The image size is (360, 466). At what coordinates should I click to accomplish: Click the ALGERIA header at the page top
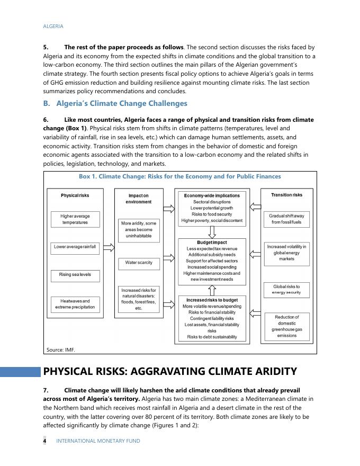click(53, 26)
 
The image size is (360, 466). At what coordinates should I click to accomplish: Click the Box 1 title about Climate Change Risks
click(179, 176)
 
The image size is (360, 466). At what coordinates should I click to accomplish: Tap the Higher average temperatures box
click(75, 219)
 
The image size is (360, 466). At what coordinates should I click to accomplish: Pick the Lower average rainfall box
click(75, 247)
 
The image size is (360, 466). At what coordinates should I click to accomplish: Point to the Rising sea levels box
click(75, 275)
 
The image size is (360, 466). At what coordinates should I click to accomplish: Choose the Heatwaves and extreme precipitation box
click(75, 304)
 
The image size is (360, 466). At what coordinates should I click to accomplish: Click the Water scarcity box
click(139, 263)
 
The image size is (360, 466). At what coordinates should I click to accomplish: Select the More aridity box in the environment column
click(139, 229)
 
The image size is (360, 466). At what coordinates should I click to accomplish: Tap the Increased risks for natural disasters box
click(139, 299)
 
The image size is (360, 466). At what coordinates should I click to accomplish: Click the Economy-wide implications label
click(212, 195)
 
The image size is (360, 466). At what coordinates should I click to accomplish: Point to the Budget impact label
click(212, 243)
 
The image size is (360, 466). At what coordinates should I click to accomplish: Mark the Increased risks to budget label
click(212, 300)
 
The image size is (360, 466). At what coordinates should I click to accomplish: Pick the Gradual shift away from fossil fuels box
click(286, 219)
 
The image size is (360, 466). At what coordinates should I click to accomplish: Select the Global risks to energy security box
click(286, 289)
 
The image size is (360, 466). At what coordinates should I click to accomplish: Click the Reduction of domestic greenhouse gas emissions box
click(286, 326)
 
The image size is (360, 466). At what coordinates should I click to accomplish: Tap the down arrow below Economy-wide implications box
click(212, 232)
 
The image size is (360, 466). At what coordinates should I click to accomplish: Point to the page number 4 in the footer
click(45, 441)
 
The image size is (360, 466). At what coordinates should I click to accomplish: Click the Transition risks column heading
click(286, 195)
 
